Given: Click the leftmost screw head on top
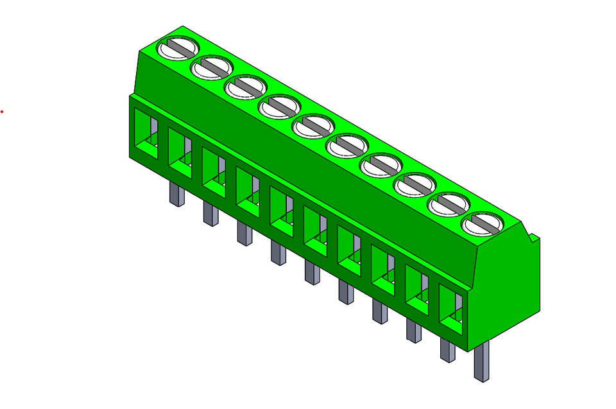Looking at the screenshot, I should [178, 48].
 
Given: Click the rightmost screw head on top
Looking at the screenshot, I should [482, 224].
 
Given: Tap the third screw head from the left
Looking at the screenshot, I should [245, 87].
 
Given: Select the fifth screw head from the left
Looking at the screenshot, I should [313, 125].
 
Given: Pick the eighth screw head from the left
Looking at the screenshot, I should [415, 185].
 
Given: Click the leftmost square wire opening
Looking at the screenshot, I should [145, 134].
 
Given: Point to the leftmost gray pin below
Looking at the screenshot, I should [177, 193].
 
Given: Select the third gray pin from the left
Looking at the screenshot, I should [244, 233].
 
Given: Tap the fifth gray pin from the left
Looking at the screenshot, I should [312, 272].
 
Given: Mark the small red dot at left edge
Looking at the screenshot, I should [2, 112].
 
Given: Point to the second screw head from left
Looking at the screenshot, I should [211, 67].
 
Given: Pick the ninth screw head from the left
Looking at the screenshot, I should [448, 205].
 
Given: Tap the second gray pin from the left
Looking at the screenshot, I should [210, 213].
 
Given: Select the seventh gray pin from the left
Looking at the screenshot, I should [379, 311].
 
